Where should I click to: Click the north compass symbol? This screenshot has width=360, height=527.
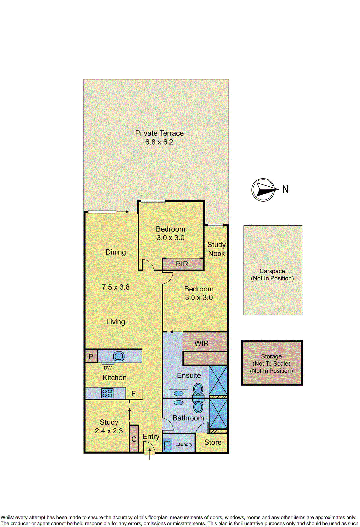click(263, 190)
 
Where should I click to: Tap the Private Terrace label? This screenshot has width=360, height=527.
click(159, 133)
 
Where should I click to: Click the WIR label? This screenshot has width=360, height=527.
click(201, 343)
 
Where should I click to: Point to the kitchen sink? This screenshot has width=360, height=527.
click(119, 356)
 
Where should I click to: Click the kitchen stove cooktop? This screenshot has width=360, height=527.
click(107, 393)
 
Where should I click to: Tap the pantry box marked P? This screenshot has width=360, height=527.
click(91, 356)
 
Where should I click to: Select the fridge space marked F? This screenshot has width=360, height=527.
click(134, 393)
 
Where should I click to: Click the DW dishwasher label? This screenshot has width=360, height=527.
click(108, 368)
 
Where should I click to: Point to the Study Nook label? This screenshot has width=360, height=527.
click(217, 249)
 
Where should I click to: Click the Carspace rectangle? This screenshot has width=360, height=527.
click(272, 270)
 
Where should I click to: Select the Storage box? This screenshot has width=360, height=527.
click(271, 363)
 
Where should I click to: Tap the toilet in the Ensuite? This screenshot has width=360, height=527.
click(198, 389)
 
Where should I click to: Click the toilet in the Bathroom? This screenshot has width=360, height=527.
click(198, 406)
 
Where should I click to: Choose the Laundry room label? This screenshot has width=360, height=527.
click(184, 444)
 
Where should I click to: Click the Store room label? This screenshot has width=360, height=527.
click(213, 442)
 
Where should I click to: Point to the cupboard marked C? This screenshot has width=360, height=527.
click(134, 439)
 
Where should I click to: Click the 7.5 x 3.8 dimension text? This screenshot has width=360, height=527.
click(116, 287)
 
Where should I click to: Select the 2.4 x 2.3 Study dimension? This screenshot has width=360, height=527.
click(109, 431)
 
